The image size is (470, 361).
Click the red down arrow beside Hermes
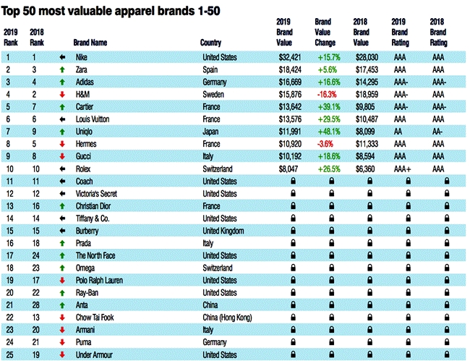(x=64, y=144)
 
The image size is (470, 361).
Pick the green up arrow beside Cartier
(x=64, y=106)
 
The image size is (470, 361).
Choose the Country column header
(x=210, y=43)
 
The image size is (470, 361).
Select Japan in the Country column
(x=211, y=131)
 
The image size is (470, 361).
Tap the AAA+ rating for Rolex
(x=402, y=169)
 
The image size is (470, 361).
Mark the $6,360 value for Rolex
(x=364, y=169)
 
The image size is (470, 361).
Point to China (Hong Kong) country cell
(x=227, y=318)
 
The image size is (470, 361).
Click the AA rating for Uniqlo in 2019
(x=399, y=131)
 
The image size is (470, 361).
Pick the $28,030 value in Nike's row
(x=364, y=56)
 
